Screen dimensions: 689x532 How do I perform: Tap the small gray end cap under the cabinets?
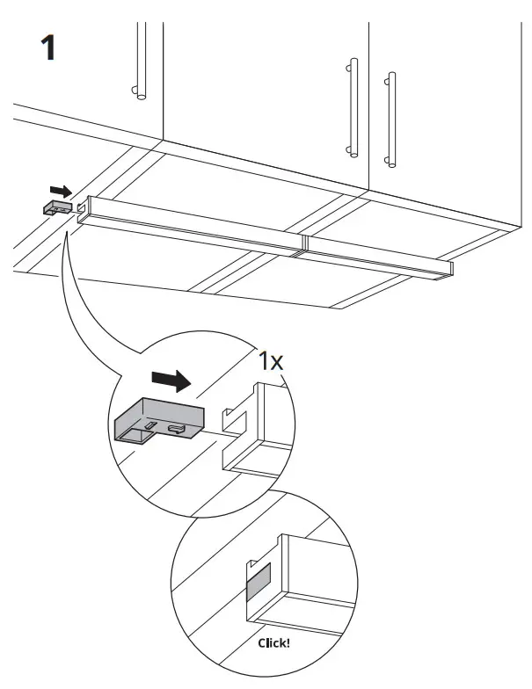pyautogui.click(x=58, y=207)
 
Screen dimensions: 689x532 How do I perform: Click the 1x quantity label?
pyautogui.click(x=270, y=360)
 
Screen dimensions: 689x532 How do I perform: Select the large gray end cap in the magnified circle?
pyautogui.click(x=158, y=421)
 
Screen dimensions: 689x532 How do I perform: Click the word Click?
pyautogui.click(x=273, y=642)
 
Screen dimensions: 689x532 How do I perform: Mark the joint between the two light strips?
pyautogui.click(x=301, y=243)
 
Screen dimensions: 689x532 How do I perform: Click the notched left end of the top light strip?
pyautogui.click(x=83, y=209)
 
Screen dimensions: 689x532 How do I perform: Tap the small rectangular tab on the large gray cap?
pyautogui.click(x=152, y=425)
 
